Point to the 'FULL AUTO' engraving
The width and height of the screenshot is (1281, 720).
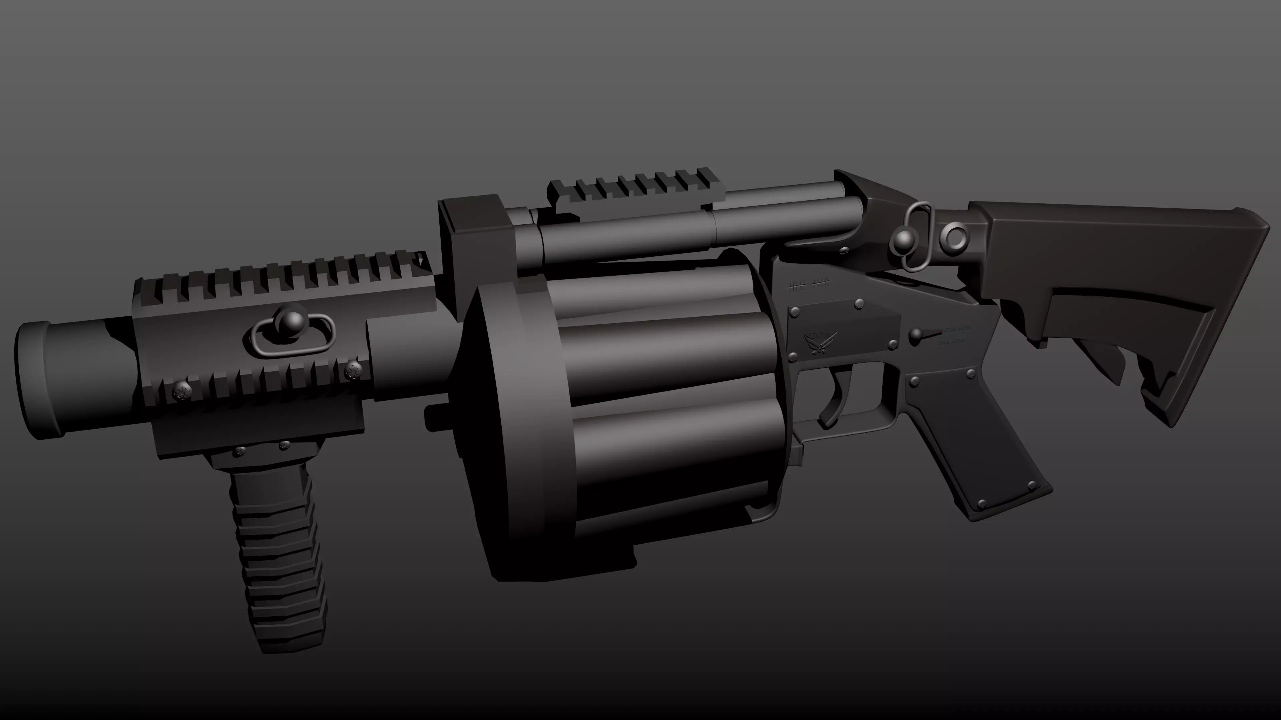[x=951, y=342]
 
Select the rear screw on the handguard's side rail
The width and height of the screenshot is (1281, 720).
[x=353, y=370]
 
